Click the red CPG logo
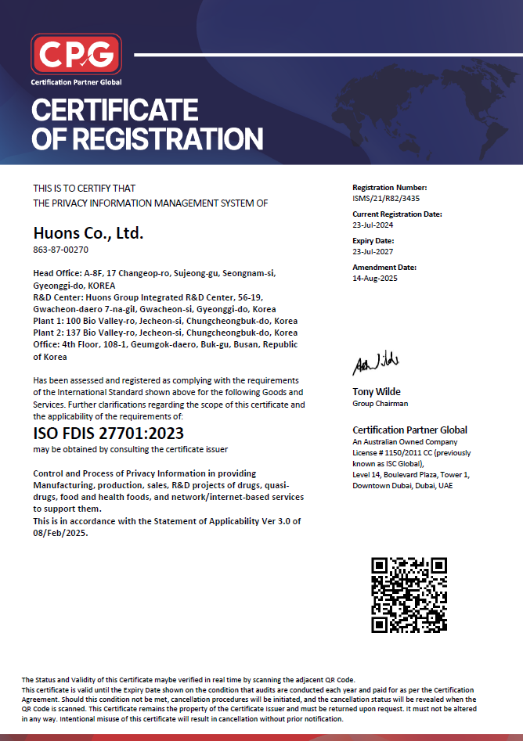click(x=76, y=54)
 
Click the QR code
click(x=409, y=594)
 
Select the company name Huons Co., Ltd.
click(x=88, y=232)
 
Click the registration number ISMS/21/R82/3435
click(x=386, y=198)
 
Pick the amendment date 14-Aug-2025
click(x=375, y=278)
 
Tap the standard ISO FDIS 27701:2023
click(x=109, y=433)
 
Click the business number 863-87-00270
click(x=60, y=250)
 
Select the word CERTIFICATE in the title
click(x=114, y=110)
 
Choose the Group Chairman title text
click(x=381, y=404)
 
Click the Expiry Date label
click(x=373, y=240)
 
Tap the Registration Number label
click(x=390, y=188)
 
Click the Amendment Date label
click(x=384, y=267)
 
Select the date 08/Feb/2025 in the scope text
click(x=60, y=533)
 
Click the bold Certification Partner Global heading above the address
click(x=409, y=430)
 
